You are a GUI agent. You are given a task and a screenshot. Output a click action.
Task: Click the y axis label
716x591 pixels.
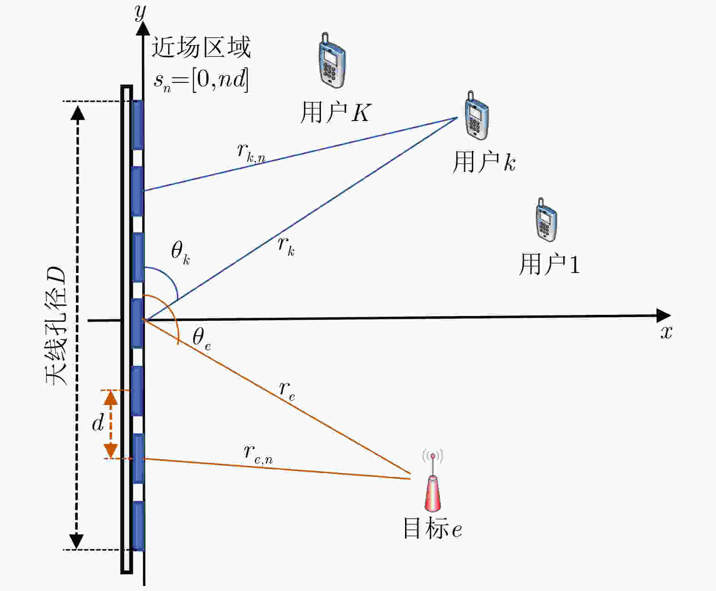click(140, 13)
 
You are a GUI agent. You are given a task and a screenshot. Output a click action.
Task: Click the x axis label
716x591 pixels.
click(666, 332)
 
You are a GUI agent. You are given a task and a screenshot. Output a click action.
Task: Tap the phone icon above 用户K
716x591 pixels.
click(331, 61)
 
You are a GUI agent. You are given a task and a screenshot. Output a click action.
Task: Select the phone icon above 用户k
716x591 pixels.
click(476, 115)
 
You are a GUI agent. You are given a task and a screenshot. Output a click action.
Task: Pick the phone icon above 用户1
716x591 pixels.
click(546, 220)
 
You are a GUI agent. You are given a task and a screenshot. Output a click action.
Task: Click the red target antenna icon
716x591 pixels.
click(433, 480)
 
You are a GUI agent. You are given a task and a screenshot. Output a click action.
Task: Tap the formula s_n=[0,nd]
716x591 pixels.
click(201, 81)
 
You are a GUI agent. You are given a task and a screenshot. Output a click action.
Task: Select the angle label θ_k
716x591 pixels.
click(180, 253)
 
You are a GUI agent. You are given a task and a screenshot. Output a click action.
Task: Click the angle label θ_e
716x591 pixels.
click(201, 338)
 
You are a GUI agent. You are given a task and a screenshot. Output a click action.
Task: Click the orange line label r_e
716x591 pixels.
click(287, 391)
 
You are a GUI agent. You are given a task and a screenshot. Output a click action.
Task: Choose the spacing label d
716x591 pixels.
click(98, 423)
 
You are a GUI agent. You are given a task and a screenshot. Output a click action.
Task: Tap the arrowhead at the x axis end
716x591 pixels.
click(664, 315)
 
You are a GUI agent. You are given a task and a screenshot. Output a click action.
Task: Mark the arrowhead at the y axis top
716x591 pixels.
click(143, 28)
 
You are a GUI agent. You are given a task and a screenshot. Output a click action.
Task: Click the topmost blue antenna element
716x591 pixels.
click(138, 125)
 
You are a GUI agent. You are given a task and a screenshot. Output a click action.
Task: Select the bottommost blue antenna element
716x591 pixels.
click(138, 526)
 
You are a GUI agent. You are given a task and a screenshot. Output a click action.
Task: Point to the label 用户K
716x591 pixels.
click(335, 112)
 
